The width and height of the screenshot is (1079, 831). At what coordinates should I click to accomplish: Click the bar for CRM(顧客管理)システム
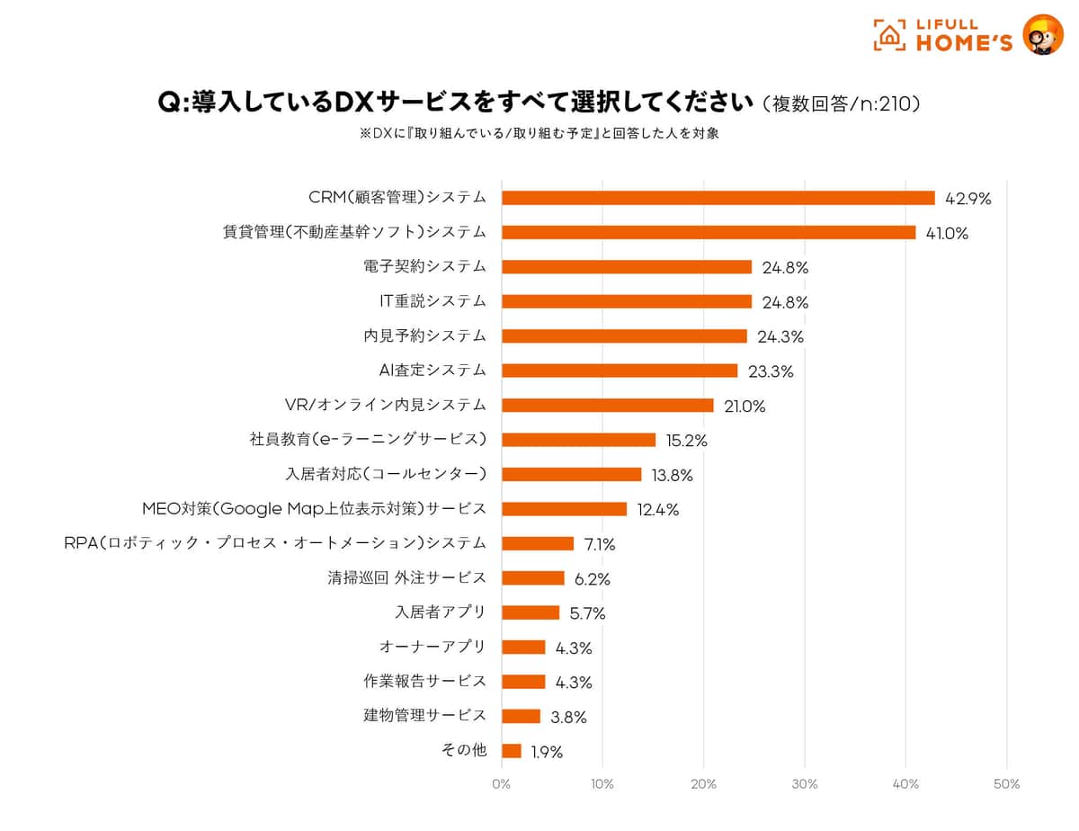click(718, 198)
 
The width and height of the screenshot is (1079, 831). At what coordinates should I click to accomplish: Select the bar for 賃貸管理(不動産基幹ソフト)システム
click(709, 232)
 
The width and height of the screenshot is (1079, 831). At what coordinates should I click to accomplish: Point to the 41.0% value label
click(947, 234)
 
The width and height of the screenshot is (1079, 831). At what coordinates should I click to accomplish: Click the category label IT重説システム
click(432, 300)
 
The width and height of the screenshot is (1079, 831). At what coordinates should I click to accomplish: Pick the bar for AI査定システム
click(620, 371)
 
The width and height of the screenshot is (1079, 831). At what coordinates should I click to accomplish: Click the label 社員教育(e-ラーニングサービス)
click(368, 439)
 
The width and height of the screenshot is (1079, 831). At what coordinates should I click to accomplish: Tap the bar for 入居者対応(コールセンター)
click(571, 474)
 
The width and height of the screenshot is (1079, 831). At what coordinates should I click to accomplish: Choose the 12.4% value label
click(657, 510)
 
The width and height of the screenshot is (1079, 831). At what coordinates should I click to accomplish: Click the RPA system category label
click(275, 542)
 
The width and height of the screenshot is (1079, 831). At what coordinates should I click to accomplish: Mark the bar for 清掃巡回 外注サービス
click(532, 578)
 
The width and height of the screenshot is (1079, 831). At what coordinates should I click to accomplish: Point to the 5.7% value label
click(587, 614)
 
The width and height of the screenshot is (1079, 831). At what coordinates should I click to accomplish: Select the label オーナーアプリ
click(432, 646)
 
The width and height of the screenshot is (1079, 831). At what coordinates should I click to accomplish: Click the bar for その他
click(511, 751)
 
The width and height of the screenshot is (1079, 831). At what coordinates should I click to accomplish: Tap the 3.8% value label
click(568, 718)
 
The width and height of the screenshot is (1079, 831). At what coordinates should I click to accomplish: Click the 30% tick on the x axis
click(804, 784)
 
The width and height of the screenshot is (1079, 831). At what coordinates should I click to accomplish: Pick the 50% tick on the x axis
click(1006, 784)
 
